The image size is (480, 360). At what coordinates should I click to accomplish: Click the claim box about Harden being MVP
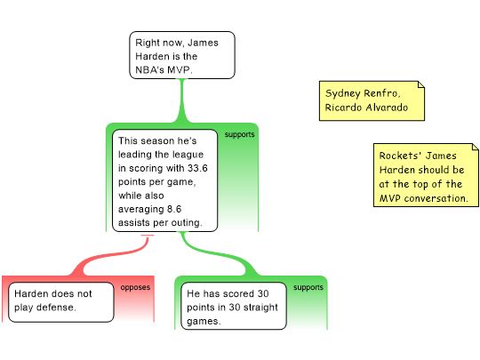[182, 55]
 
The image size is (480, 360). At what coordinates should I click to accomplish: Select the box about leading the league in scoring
[165, 180]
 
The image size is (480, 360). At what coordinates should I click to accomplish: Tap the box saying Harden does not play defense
[61, 302]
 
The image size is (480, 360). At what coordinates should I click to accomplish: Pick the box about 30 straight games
[234, 306]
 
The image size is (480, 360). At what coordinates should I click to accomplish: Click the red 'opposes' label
[135, 287]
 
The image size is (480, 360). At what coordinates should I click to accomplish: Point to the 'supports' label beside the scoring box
[239, 135]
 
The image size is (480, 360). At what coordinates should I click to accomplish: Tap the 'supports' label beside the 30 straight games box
[308, 287]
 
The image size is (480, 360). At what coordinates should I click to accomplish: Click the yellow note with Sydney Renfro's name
[372, 100]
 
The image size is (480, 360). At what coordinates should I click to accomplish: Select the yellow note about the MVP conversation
[426, 175]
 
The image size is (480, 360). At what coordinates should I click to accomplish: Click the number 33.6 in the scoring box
[197, 168]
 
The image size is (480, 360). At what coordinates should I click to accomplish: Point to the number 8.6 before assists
[174, 209]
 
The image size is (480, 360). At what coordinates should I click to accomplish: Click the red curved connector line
[110, 255]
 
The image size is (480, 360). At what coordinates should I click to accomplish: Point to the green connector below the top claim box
[182, 101]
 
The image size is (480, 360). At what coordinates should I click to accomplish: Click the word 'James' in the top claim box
[203, 43]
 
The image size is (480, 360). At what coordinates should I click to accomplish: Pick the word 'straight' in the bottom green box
[262, 308]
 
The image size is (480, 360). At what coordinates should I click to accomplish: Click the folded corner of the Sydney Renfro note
[421, 84]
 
